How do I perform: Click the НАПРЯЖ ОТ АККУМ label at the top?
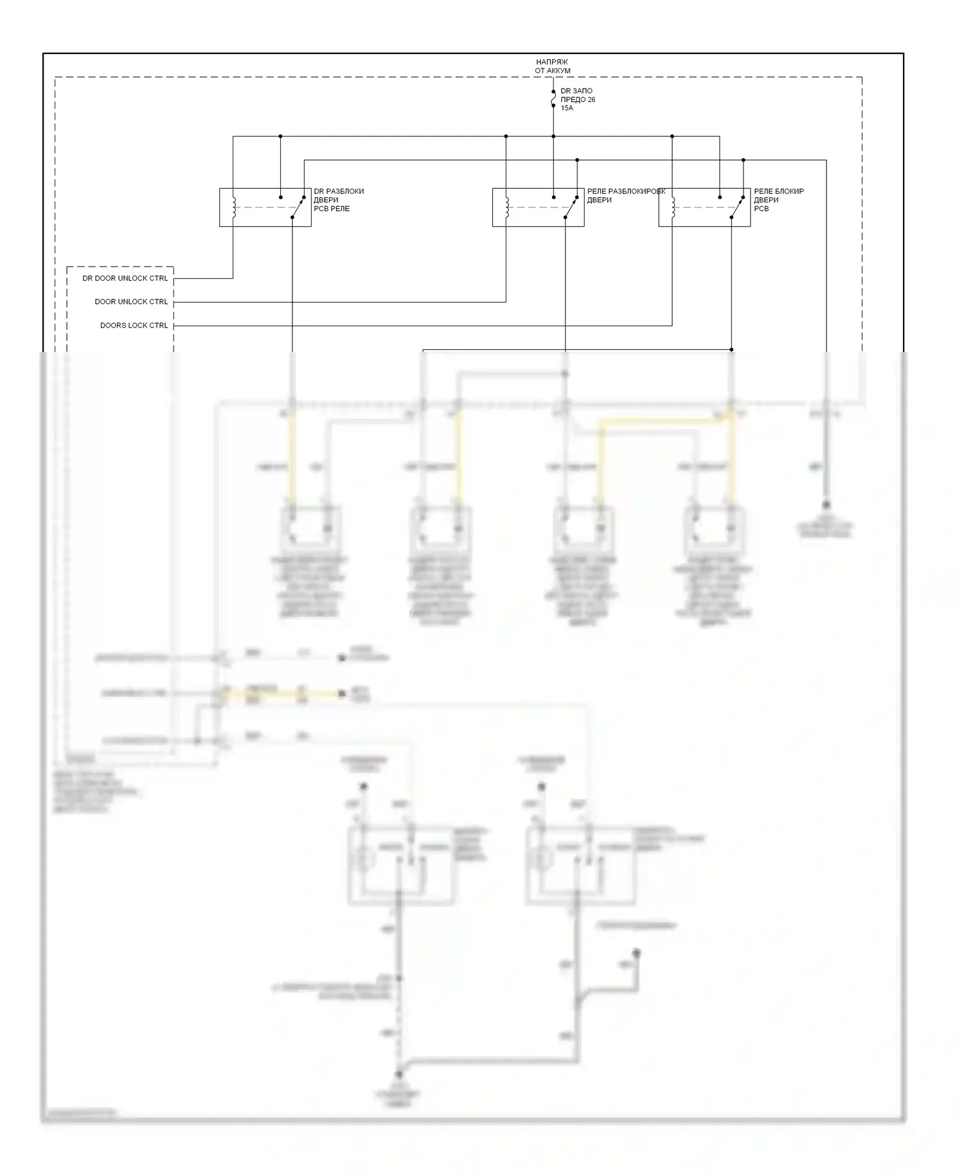click(552, 66)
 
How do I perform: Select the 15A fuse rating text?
click(566, 109)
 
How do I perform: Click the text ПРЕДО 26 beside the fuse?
click(577, 100)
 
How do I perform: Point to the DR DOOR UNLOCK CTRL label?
click(125, 279)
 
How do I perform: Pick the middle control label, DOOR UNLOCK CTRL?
click(131, 302)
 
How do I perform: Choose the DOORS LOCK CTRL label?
click(134, 326)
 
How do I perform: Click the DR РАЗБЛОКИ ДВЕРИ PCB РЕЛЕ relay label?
click(338, 200)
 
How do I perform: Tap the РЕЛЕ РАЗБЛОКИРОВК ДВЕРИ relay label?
click(625, 196)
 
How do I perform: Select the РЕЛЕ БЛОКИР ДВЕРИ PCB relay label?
click(778, 200)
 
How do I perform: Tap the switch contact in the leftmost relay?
click(297, 207)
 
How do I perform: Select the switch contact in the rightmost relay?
click(736, 207)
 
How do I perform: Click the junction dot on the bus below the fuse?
click(553, 136)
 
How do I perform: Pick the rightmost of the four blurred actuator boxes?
click(713, 530)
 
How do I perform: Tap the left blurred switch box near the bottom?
click(400, 864)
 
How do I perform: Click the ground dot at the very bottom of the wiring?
click(398, 1074)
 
